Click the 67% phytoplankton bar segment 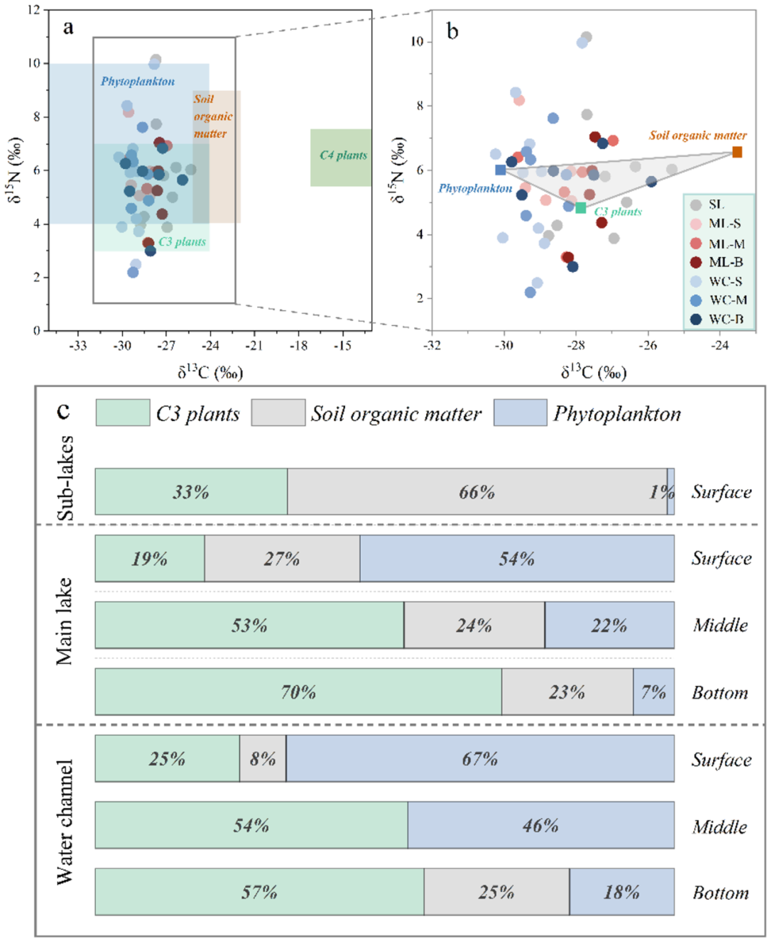(480, 758)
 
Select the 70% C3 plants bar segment (298, 692)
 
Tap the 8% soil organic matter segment (263, 758)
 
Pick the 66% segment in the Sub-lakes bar (477, 491)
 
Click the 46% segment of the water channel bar (540, 825)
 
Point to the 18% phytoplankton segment (621, 892)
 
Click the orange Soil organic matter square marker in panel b (737, 152)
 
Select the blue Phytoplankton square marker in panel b (501, 170)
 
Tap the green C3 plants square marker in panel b (581, 208)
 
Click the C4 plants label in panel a (343, 156)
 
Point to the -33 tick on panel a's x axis (78, 345)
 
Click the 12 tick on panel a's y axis (33, 10)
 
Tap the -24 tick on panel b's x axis (720, 345)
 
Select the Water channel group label (65, 822)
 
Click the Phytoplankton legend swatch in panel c (520, 413)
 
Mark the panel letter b (452, 31)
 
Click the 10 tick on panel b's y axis (417, 41)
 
